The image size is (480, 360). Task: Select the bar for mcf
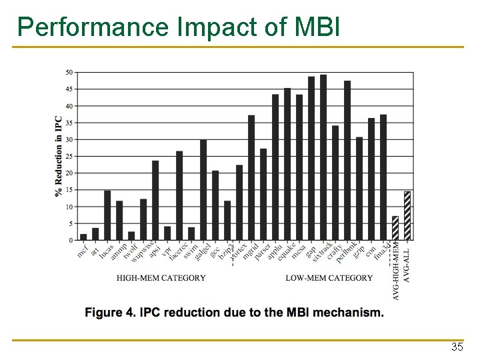(83, 237)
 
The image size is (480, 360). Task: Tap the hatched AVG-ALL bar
(407, 215)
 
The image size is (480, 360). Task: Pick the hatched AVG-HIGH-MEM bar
(395, 228)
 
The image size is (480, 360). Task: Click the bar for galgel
(203, 190)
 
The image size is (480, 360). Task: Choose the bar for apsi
(155, 200)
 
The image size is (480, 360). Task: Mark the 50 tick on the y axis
(69, 72)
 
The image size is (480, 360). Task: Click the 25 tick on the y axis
(69, 156)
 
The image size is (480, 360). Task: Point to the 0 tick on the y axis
(71, 240)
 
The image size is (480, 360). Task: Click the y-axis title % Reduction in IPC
(58, 157)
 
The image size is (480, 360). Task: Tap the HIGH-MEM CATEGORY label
(161, 278)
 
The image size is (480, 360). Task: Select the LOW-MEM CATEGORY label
(329, 278)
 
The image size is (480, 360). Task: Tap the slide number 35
(457, 347)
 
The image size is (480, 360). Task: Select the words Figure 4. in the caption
(109, 313)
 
